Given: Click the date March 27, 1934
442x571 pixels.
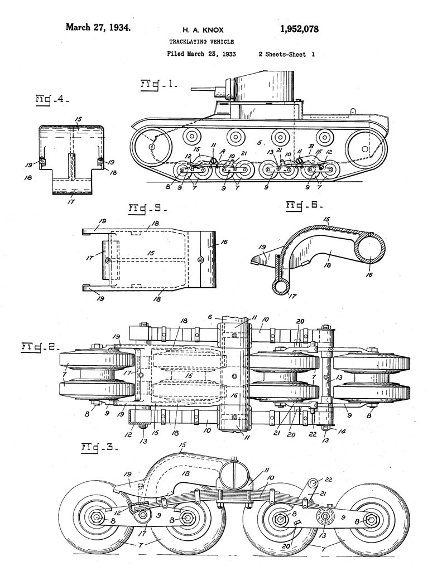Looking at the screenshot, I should (99, 27).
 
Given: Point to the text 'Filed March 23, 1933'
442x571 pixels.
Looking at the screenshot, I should (200, 55).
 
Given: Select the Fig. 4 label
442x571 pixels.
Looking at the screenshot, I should (52, 100).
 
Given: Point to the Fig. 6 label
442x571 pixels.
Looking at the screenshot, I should (302, 205).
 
